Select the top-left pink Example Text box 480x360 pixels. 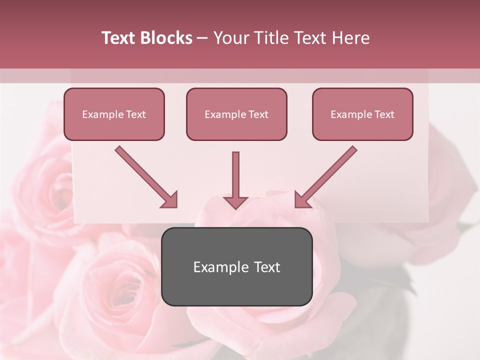click(x=114, y=114)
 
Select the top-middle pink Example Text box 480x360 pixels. click(x=236, y=114)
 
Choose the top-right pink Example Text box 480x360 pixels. click(x=362, y=114)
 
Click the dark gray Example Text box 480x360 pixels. click(x=236, y=266)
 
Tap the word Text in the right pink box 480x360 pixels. click(x=384, y=114)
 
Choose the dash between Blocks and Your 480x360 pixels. click(x=202, y=38)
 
